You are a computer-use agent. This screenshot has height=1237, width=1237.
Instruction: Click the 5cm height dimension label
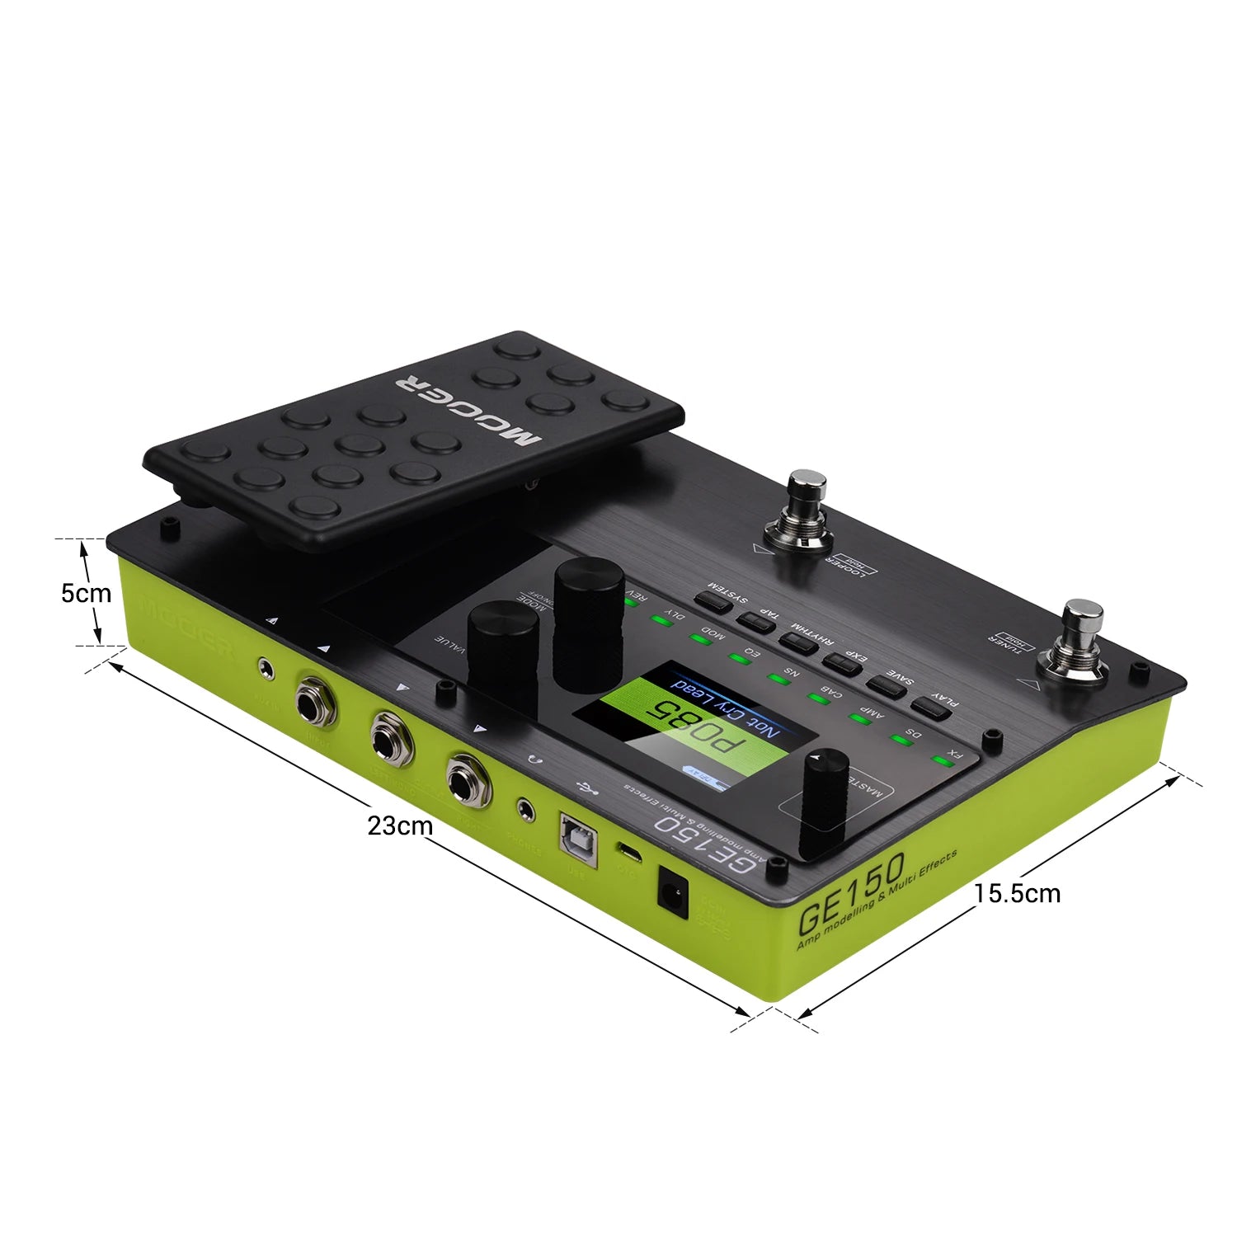click(86, 593)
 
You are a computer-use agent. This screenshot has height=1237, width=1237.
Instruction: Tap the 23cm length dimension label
click(400, 825)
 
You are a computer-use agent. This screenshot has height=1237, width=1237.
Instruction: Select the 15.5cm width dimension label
click(1017, 893)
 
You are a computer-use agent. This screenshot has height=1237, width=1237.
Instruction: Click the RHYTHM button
click(798, 642)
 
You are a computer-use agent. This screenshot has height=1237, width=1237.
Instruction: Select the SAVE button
click(887, 685)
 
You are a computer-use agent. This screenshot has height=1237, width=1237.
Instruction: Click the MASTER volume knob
click(825, 800)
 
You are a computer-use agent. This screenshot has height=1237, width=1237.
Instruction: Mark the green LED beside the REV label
click(631, 602)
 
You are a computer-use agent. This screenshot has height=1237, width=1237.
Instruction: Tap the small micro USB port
click(629, 854)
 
